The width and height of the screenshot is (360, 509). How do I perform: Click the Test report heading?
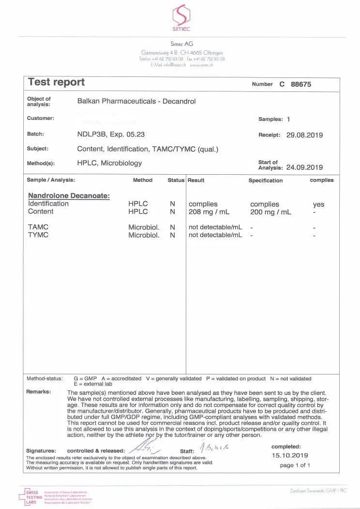pyautogui.click(x=56, y=82)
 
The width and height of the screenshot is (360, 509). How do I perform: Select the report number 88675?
pyautogui.click(x=301, y=84)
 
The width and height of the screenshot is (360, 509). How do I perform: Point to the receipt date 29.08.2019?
pyautogui.click(x=304, y=135)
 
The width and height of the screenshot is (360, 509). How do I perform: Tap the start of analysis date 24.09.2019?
pyautogui.click(x=304, y=167)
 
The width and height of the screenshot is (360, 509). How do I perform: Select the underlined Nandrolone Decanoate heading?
pyautogui.click(x=69, y=195)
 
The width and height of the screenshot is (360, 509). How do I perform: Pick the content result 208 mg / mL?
pyautogui.click(x=209, y=212)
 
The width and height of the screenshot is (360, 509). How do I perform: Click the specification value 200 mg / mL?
pyautogui.click(x=270, y=212)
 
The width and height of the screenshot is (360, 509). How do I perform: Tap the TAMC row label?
pyautogui.click(x=38, y=226)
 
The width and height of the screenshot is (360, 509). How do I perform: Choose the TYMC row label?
pyautogui.click(x=38, y=235)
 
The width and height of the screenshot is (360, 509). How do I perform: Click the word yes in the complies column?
pyautogui.click(x=318, y=204)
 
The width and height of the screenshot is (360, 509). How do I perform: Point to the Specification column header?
pyautogui.click(x=265, y=180)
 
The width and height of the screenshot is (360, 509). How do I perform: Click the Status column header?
pyautogui.click(x=176, y=180)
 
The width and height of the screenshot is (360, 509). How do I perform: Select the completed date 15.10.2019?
pyautogui.click(x=289, y=455)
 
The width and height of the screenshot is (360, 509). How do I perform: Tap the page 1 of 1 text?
pyautogui.click(x=295, y=465)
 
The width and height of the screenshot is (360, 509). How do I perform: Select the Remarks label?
pyautogui.click(x=38, y=391)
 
